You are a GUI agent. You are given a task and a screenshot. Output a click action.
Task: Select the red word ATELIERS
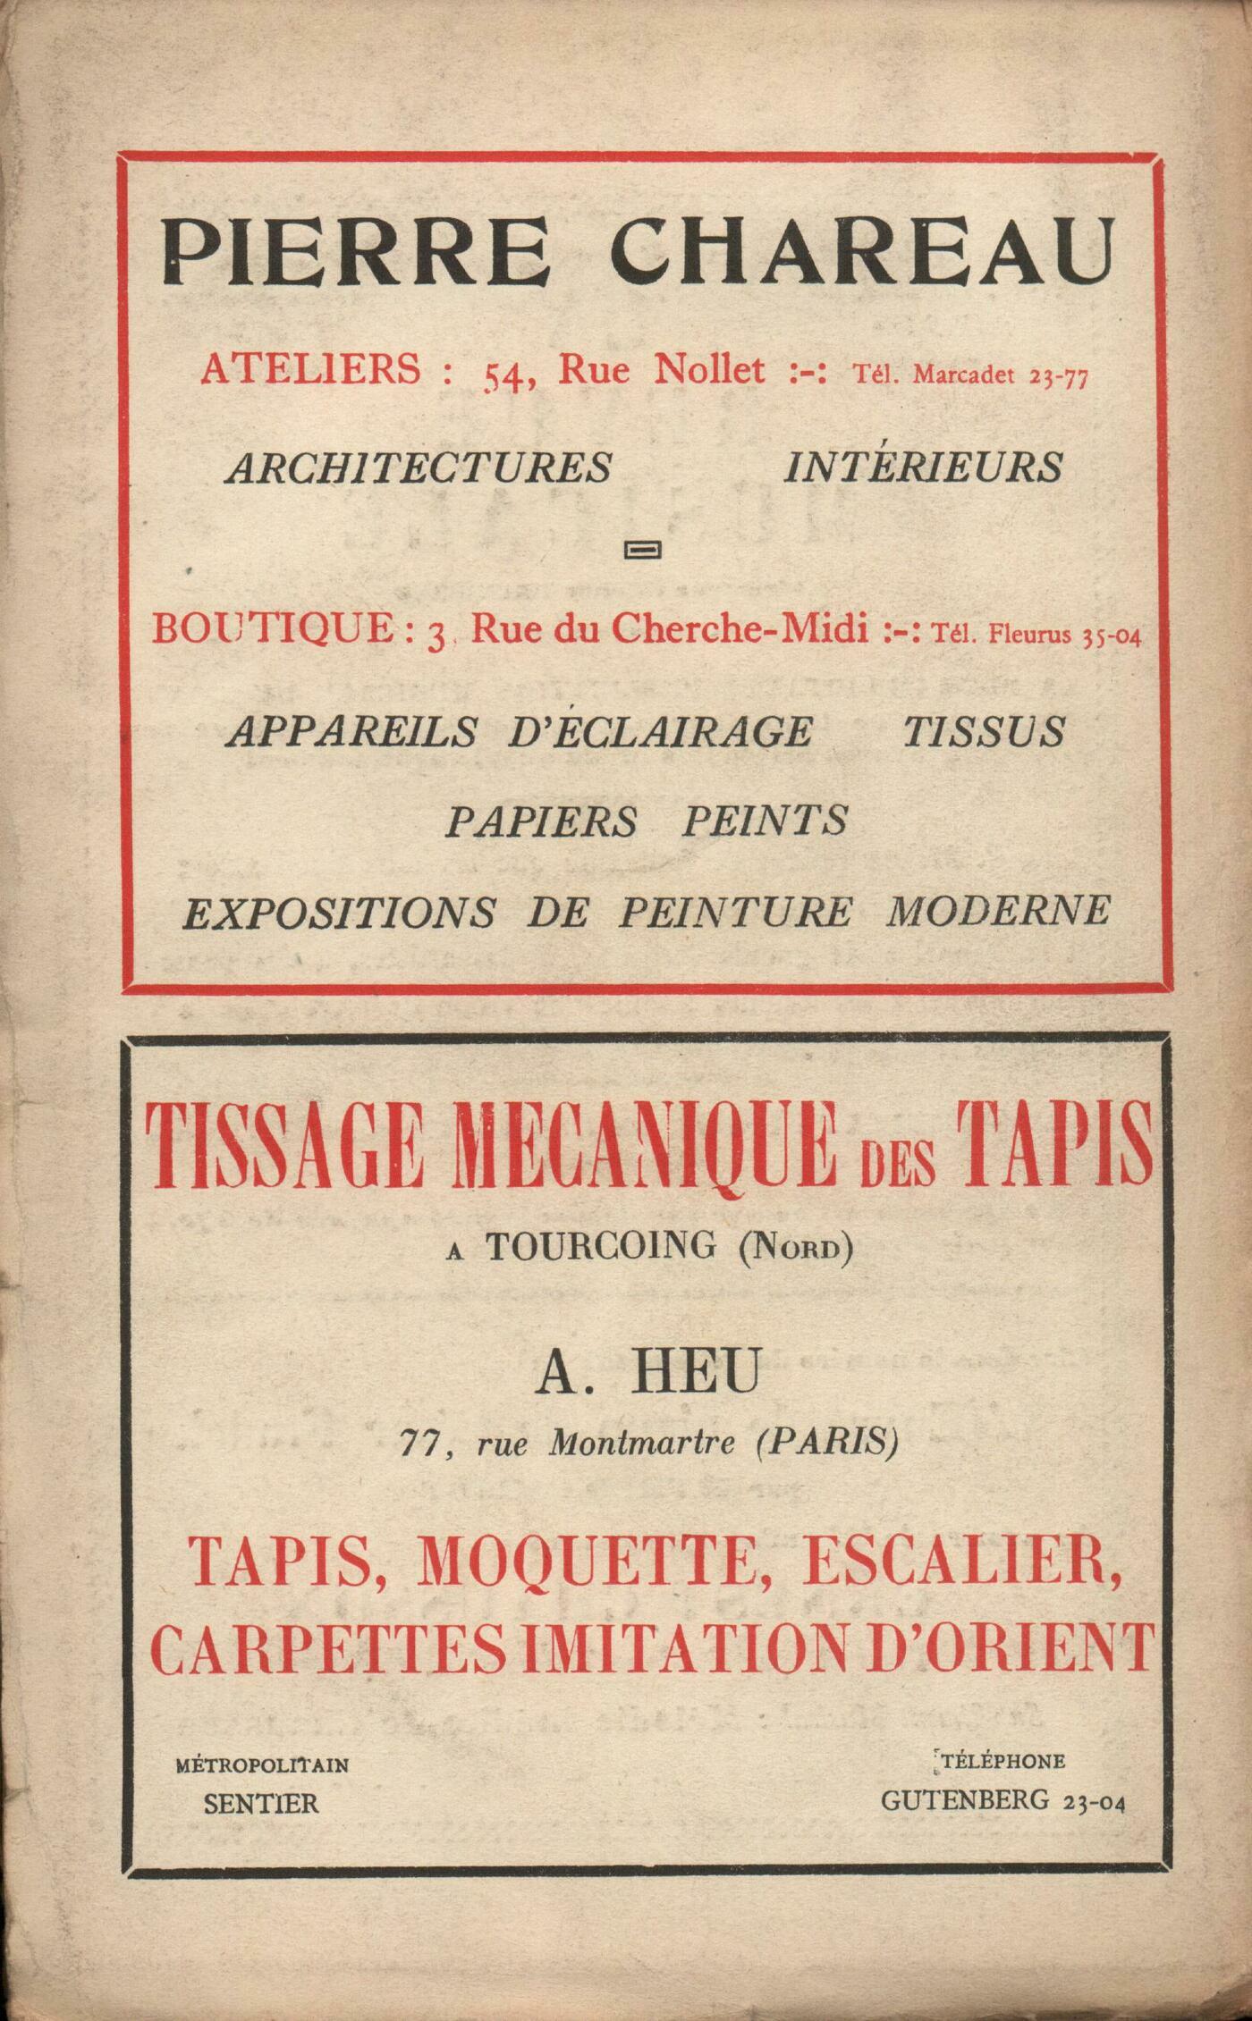click(x=309, y=369)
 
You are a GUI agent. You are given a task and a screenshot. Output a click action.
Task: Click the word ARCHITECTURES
click(x=419, y=467)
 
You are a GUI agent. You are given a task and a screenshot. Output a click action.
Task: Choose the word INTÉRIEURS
click(x=923, y=467)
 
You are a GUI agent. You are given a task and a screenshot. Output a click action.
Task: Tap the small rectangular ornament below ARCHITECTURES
click(x=644, y=549)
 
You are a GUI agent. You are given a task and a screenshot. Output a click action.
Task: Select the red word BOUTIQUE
click(x=272, y=629)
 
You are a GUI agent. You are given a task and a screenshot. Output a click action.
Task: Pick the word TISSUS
click(x=983, y=731)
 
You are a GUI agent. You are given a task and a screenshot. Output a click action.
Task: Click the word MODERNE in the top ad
click(x=998, y=911)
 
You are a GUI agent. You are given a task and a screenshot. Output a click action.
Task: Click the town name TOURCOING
click(x=601, y=1245)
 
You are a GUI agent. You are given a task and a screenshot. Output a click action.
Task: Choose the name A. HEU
click(x=648, y=1372)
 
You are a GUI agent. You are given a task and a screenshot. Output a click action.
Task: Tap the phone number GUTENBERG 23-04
click(x=1002, y=1800)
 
